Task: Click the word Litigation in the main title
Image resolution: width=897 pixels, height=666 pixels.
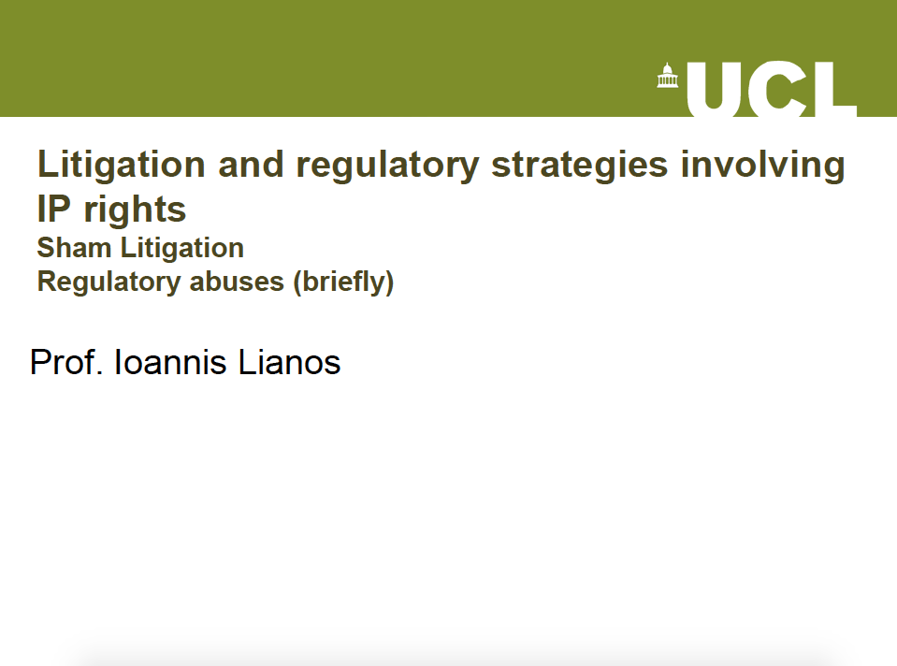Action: pos(122,166)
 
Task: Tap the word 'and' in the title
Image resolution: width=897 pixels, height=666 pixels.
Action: pos(251,165)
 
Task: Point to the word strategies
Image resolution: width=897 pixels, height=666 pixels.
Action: pos(580,166)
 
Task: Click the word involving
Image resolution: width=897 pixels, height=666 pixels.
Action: pos(762,166)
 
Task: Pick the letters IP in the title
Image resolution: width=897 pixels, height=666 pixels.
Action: pos(54,209)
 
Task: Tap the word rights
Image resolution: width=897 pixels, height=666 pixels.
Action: pos(135,210)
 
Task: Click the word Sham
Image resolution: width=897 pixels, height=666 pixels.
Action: pos(74,248)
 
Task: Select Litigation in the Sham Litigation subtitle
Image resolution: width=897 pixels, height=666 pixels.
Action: pos(182,249)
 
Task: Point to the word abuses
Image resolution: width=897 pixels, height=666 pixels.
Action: pos(237,282)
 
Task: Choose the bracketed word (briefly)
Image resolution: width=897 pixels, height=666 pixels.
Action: pos(343,282)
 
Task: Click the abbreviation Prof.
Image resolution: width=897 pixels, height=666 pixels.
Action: pos(66,362)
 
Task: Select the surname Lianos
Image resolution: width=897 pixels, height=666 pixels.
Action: pos(289,362)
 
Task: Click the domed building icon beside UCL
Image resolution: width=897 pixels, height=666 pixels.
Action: pos(668,76)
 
